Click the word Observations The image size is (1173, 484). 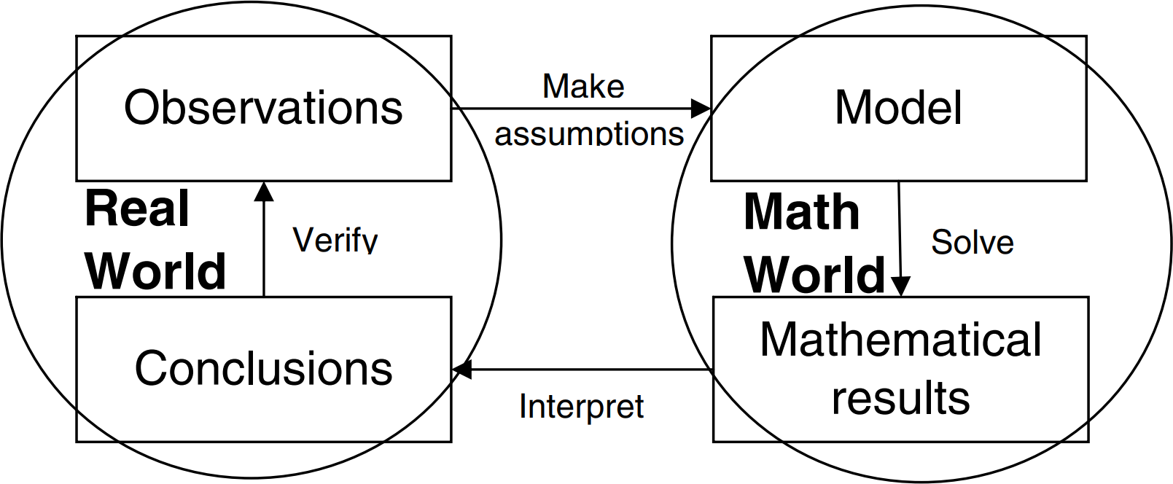[263, 107]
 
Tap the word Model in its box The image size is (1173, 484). [899, 107]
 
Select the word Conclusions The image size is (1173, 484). [263, 368]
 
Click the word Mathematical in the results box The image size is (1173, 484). [900, 340]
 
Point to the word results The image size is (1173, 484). [900, 397]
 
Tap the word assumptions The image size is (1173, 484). [589, 134]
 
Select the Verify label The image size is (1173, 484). [335, 240]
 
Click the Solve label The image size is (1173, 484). [973, 242]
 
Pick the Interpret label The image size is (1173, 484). [581, 407]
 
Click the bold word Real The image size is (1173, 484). [136, 208]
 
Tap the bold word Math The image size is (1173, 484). [802, 211]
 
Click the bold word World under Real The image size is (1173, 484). [155, 271]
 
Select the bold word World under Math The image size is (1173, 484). [815, 275]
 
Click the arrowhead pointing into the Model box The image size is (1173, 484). [701, 109]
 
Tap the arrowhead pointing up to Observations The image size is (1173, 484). [264, 192]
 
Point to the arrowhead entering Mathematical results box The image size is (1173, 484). [900, 286]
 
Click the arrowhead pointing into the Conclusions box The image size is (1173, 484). [461, 370]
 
